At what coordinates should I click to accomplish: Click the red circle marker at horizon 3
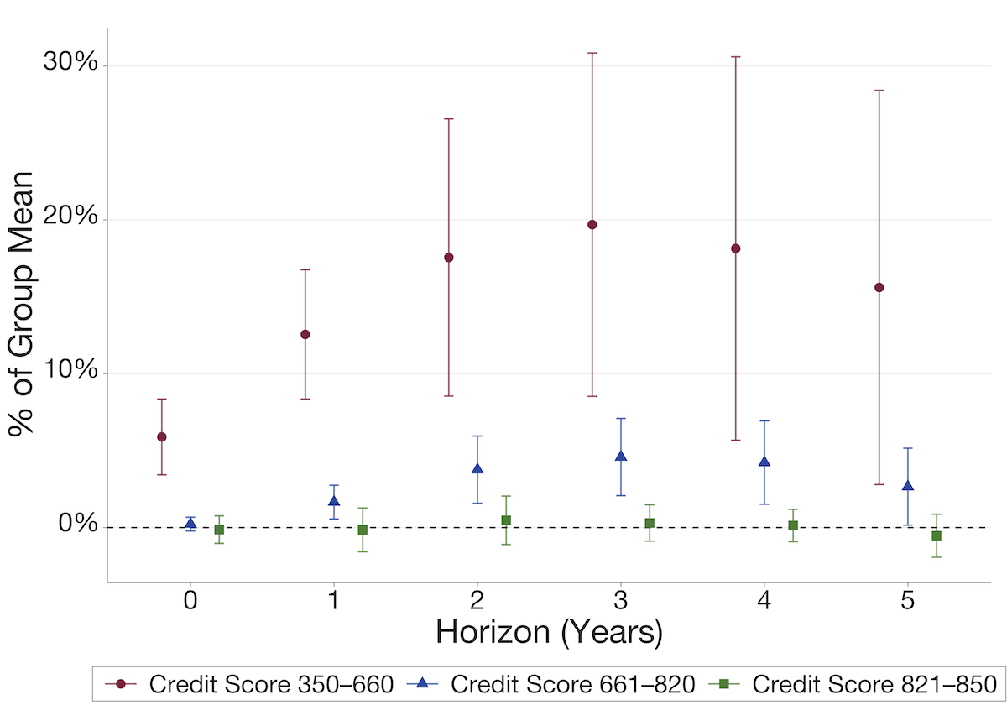coord(592,224)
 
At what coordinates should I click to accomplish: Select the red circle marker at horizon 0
coord(162,436)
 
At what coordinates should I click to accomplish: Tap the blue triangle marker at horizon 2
coord(477,468)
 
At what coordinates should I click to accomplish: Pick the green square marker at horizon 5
coord(937,535)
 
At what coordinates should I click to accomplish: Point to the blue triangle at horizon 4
coord(764,462)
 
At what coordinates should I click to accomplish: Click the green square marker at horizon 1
coord(363,530)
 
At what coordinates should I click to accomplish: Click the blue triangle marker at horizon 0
coord(190,524)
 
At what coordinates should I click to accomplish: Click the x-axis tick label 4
coord(764,601)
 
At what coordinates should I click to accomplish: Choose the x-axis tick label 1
coord(334,601)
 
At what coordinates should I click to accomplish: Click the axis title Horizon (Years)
coord(549,632)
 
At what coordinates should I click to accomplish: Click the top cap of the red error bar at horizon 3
coord(592,53)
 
